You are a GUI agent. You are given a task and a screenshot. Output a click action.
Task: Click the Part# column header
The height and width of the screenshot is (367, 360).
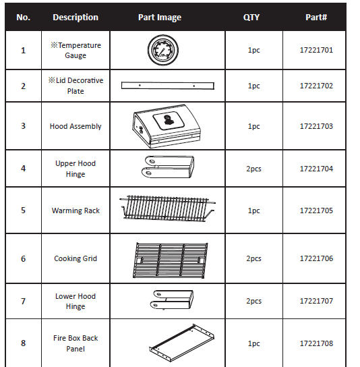pos(316,18)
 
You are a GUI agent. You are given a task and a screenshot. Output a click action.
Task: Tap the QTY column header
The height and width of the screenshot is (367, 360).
pos(251,18)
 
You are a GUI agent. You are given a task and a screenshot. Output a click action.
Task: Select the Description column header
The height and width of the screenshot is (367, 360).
pos(76,18)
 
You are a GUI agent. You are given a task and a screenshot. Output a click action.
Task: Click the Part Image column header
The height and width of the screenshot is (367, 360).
pos(160,18)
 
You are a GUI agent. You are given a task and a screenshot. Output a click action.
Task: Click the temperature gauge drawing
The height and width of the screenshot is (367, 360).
pos(163,50)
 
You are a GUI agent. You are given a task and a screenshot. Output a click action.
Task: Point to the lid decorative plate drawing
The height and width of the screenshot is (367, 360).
pos(168,86)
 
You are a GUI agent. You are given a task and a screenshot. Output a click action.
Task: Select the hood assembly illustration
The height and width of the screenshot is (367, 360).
pos(167,126)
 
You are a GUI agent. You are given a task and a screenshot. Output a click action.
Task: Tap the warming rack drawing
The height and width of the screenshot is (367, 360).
pos(167,208)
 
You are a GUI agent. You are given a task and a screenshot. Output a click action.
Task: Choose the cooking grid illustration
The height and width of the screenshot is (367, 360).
pos(171,260)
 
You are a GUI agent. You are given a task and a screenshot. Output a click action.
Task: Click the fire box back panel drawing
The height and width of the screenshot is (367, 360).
pos(182,343)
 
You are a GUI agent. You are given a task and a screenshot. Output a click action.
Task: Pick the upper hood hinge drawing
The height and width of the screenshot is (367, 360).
pos(168,167)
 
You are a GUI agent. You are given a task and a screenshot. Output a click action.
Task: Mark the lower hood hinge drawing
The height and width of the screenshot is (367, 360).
pos(172,300)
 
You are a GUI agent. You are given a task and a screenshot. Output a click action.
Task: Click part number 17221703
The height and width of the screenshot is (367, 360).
pos(316,126)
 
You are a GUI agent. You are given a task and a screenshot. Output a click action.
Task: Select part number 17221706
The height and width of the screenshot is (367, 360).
pos(316,258)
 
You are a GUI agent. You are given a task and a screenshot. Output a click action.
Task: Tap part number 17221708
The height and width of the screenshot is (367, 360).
pos(316,343)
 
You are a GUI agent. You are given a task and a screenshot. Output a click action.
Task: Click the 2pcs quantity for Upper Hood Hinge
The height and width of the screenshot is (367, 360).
pos(253,169)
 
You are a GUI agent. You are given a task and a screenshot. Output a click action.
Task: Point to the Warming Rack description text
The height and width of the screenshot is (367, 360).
pos(76,210)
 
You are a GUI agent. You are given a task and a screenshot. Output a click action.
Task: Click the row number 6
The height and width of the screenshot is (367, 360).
pos(23,259)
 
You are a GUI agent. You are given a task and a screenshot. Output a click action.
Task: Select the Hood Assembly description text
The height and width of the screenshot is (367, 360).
pos(76,127)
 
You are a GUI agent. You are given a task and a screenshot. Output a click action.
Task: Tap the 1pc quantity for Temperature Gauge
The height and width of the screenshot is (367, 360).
pos(253,51)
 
